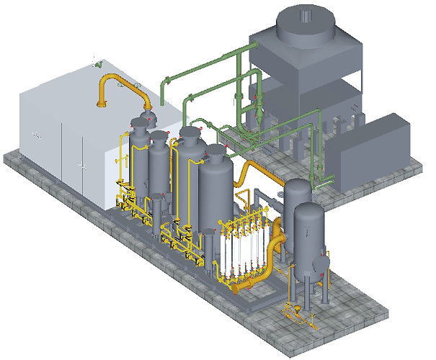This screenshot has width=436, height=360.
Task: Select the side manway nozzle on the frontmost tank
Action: point(320,253)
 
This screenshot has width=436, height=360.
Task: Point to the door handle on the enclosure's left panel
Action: point(34,134)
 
